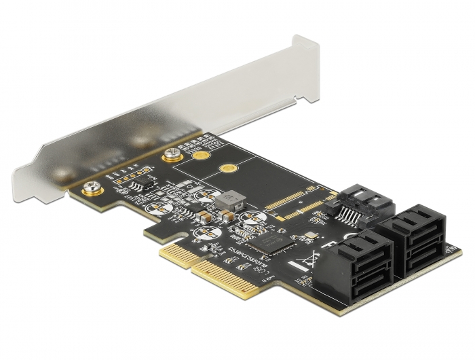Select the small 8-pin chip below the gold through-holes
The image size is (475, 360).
(x=138, y=185)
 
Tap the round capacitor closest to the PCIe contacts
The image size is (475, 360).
(x=203, y=234)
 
